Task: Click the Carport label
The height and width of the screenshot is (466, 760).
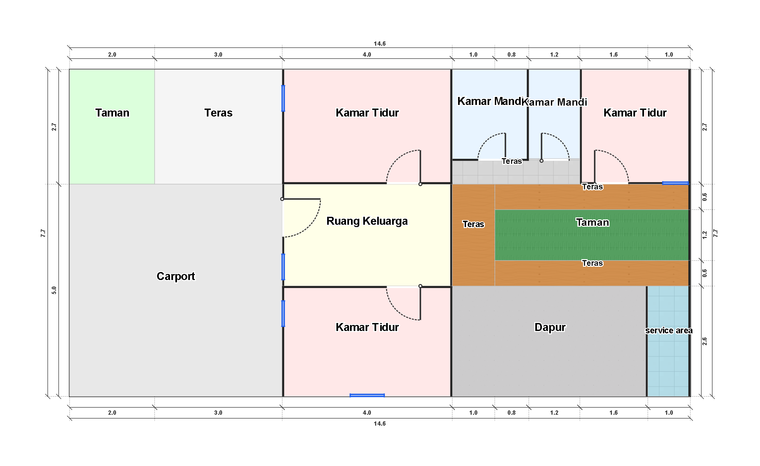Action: (176, 276)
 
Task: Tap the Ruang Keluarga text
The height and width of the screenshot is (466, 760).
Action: (367, 221)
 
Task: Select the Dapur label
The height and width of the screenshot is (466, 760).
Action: (550, 327)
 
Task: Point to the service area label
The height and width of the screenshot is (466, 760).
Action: (669, 330)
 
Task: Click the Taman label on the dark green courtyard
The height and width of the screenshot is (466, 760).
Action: (592, 222)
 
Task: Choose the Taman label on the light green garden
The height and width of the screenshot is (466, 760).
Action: (112, 113)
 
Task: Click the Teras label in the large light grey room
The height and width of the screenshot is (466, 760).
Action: (218, 113)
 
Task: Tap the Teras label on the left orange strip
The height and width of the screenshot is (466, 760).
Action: (473, 224)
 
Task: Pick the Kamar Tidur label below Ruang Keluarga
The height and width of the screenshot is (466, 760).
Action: (367, 327)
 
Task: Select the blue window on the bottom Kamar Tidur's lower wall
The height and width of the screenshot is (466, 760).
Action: (367, 395)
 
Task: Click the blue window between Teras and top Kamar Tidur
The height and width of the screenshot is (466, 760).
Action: (283, 98)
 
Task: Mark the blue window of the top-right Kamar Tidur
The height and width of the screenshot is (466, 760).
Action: (675, 183)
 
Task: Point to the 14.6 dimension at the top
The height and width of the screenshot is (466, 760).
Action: (380, 43)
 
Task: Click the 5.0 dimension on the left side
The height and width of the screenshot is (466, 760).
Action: (54, 290)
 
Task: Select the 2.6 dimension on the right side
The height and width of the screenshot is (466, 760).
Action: (704, 341)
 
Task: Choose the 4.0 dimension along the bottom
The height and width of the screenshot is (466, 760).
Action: (367, 412)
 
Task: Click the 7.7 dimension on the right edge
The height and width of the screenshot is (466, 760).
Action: (715, 233)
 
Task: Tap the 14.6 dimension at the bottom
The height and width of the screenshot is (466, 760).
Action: (380, 423)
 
